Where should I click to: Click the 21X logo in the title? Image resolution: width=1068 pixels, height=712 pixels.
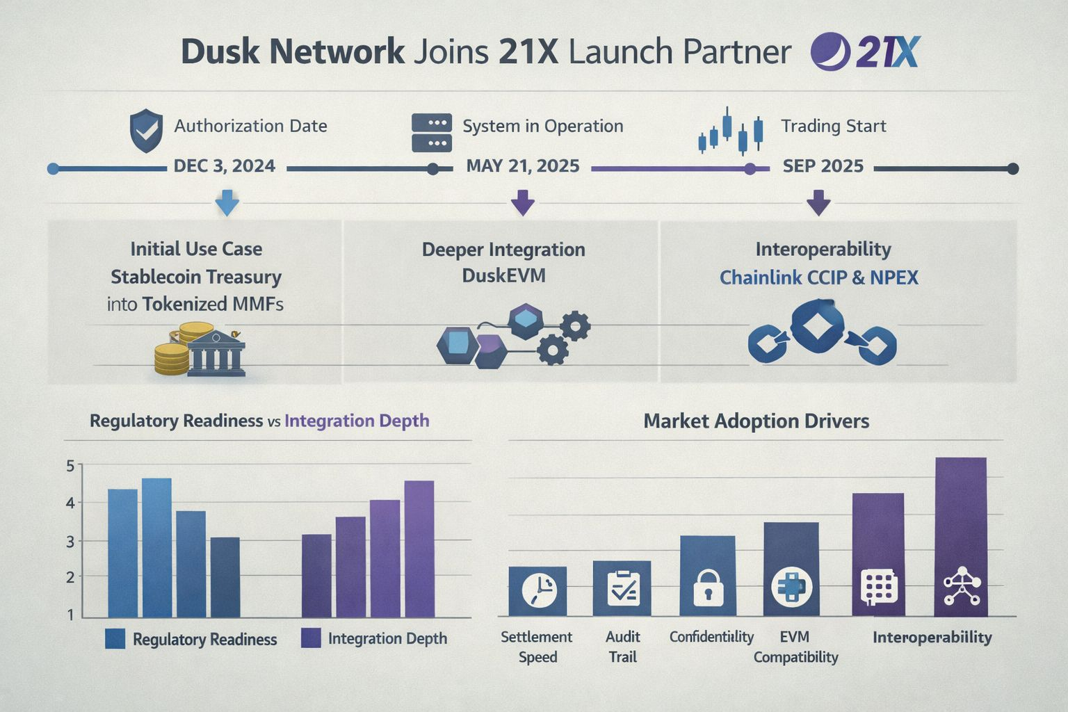coord(866,52)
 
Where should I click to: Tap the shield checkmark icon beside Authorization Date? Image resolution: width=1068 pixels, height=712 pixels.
coord(146,130)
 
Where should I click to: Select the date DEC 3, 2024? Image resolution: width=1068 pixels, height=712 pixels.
coord(224,166)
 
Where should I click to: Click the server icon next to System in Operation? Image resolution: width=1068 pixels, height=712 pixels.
coord(432,132)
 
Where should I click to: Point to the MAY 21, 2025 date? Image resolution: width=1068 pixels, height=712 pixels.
coord(523,166)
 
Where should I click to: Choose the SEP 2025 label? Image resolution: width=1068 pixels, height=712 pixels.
coord(823,166)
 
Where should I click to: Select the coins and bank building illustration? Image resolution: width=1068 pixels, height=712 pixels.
coord(200,350)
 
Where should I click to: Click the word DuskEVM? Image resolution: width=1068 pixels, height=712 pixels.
coord(503,276)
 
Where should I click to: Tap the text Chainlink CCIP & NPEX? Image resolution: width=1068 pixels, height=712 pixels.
coord(818,278)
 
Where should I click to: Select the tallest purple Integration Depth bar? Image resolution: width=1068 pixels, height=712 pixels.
coord(419,549)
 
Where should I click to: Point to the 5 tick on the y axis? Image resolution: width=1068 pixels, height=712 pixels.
coord(70,466)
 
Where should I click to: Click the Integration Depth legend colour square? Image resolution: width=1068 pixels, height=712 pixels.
coord(311,638)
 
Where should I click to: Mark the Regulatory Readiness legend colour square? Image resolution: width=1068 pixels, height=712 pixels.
coord(115,639)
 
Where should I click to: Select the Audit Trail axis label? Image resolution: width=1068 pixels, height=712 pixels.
coord(622,647)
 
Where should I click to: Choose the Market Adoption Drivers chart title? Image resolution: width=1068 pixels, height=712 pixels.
coord(756,421)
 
